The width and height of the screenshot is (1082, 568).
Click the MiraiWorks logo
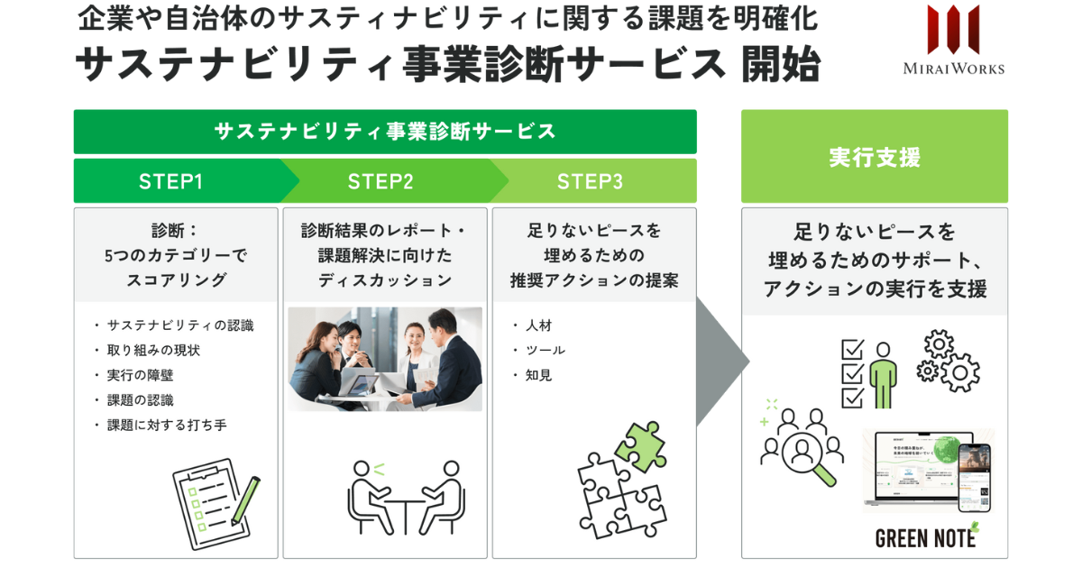coord(953,41)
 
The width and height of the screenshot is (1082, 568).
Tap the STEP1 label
coord(170,181)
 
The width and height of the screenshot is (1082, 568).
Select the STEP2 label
coord(380,181)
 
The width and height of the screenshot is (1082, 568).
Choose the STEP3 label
coord(589,181)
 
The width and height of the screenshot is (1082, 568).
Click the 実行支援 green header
coord(874,157)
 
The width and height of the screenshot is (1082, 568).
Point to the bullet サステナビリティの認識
coord(179,325)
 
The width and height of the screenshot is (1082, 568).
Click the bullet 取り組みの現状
coord(153,350)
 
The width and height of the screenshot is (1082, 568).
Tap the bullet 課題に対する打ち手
coord(166,425)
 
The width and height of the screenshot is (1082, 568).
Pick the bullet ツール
coord(545,350)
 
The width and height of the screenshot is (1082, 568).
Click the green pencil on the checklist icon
coord(244,499)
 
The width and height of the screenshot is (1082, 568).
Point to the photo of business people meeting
coord(385,359)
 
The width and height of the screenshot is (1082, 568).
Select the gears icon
coord(948,361)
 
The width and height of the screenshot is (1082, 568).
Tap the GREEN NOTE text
coord(925,538)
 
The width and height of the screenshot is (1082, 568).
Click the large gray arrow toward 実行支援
coord(721,361)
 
